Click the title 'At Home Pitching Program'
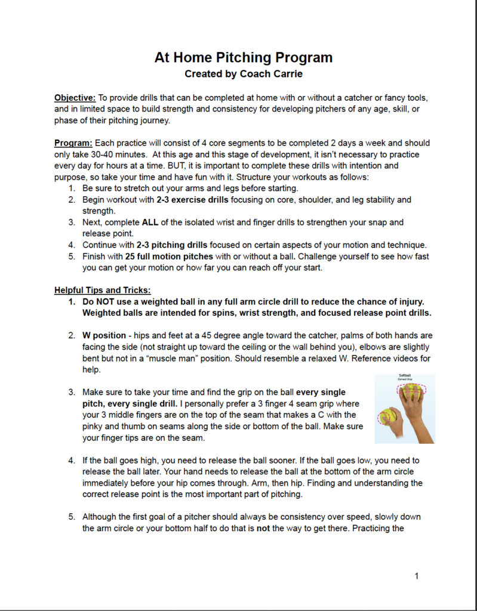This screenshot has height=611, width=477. (x=243, y=57)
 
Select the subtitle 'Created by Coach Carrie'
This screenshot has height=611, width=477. (x=243, y=75)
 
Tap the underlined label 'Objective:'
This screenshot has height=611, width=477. (x=75, y=97)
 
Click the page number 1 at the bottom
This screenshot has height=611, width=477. (x=417, y=576)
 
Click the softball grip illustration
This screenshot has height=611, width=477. (x=404, y=409)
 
